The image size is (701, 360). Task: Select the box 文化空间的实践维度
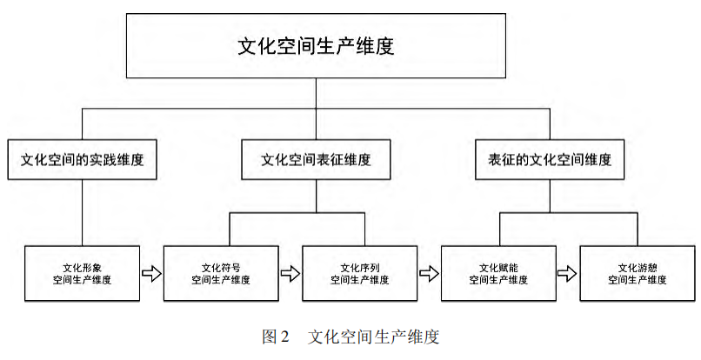83,160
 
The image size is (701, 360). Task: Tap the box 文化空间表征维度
316,160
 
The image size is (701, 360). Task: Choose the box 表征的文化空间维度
550,160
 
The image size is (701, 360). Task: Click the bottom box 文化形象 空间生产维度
83,273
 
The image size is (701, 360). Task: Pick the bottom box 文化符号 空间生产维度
221,273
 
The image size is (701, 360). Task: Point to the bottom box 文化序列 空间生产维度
359,273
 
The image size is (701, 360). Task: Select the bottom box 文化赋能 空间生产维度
498,273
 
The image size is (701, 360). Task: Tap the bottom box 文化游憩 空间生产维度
637,273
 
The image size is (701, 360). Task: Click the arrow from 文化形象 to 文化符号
151,274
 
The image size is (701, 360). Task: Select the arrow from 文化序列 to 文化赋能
429,274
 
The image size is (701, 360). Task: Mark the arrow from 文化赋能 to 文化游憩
567,274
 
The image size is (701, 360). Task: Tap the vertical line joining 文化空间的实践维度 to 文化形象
83,212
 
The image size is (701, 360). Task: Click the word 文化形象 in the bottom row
83,266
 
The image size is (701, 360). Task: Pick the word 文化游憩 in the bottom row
637,266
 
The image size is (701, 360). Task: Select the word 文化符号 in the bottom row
221,266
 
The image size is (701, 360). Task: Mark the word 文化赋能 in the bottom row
498,266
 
